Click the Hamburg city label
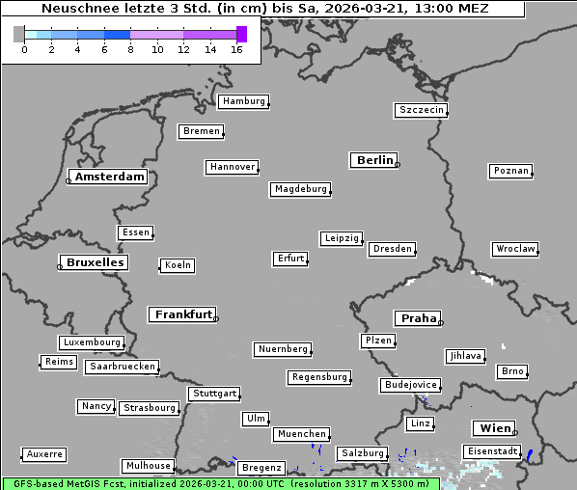click(243, 101)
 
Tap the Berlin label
click(374, 160)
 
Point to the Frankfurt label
click(183, 314)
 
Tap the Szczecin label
click(422, 110)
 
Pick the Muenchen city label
click(301, 435)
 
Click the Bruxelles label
click(95, 262)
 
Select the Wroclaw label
click(515, 249)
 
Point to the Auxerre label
click(44, 453)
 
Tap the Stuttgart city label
click(214, 394)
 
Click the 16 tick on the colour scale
click(236, 49)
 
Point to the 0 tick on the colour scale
click(24, 49)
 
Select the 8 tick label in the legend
click(130, 49)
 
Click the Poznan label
click(510, 171)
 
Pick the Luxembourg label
click(92, 342)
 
